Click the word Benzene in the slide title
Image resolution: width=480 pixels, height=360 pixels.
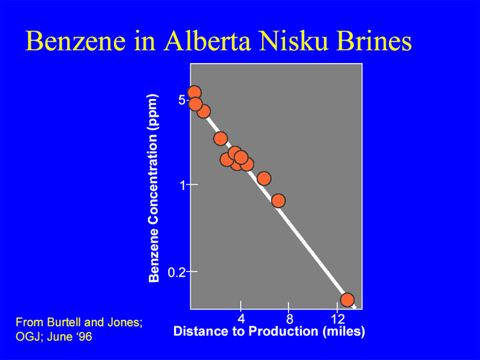tap(76, 41)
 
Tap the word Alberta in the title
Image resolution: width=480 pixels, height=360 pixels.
tap(208, 41)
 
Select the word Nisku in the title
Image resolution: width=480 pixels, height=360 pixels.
tap(294, 41)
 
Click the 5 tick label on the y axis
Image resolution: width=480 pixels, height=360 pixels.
tap(182, 100)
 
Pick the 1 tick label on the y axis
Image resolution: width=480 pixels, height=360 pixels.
tap(183, 185)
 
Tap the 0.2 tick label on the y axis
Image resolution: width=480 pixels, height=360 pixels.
tap(176, 272)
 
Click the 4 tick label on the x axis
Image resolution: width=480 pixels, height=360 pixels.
tap(241, 319)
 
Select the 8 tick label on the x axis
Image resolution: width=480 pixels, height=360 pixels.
tap(289, 319)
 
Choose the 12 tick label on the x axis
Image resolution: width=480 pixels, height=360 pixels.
tap(338, 319)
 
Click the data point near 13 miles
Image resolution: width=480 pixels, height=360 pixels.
tap(347, 299)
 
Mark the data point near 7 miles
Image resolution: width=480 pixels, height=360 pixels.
tap(278, 200)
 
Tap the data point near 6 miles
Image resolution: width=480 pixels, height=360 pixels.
tap(264, 178)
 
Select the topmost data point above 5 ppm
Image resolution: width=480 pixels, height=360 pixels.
tap(194, 92)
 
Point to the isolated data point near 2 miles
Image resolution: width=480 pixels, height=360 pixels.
tap(220, 139)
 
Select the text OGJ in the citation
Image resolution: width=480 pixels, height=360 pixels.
tap(26, 337)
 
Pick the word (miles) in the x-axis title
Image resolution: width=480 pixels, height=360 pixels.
tap(344, 332)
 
